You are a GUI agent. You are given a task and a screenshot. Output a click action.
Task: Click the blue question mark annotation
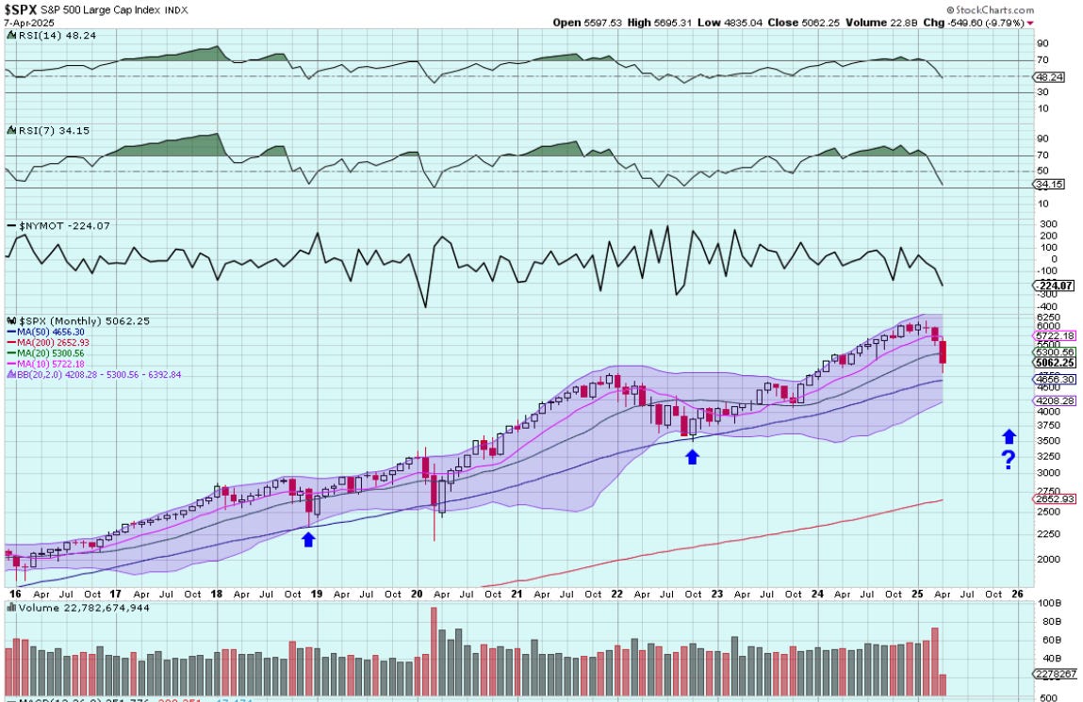(1009, 460)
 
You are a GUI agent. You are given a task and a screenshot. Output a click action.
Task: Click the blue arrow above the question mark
(1009, 436)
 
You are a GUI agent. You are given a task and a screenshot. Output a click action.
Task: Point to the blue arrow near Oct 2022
(692, 457)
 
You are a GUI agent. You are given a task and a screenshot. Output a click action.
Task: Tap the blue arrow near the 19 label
(307, 539)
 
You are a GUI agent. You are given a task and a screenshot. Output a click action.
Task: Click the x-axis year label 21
(517, 596)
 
